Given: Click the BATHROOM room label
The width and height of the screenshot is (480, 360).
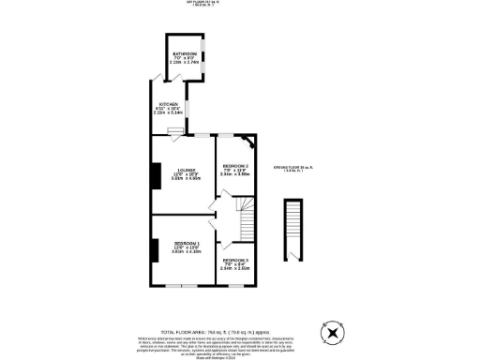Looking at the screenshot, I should pos(182,54).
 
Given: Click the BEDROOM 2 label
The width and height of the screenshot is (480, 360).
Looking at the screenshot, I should pos(234,165).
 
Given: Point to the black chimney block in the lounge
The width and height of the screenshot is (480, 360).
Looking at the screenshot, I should pos(154,175).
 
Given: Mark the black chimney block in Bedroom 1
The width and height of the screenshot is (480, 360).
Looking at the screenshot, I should pos(154,249).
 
